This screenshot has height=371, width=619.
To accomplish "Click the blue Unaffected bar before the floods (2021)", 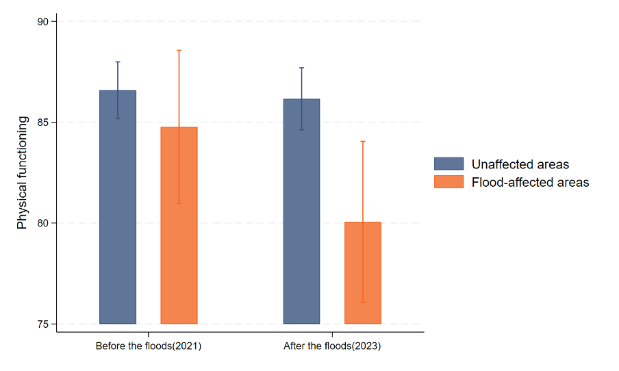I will (x=118, y=219).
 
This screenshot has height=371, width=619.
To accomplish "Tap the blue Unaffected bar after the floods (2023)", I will (x=301, y=219).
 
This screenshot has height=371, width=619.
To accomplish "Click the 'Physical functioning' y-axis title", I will (x=23, y=172).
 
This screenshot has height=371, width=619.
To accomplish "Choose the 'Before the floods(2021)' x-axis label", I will (x=149, y=346).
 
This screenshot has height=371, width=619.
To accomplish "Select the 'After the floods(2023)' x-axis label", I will (x=332, y=346).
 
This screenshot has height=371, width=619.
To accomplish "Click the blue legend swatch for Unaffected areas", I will (x=449, y=164).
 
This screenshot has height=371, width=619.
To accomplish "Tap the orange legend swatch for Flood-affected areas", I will (x=449, y=182).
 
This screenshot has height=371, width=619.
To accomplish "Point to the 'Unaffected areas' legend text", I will (x=520, y=164).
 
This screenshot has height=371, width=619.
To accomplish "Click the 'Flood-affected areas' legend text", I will (x=531, y=182).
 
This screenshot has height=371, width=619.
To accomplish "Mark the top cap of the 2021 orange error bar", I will (x=179, y=50).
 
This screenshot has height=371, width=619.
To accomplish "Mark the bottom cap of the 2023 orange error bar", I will (x=362, y=302).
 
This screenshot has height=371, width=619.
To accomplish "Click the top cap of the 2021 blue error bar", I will (x=118, y=62).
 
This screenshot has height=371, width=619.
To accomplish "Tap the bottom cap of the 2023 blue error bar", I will (x=301, y=129).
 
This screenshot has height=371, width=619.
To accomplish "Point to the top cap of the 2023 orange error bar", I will (x=362, y=141).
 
